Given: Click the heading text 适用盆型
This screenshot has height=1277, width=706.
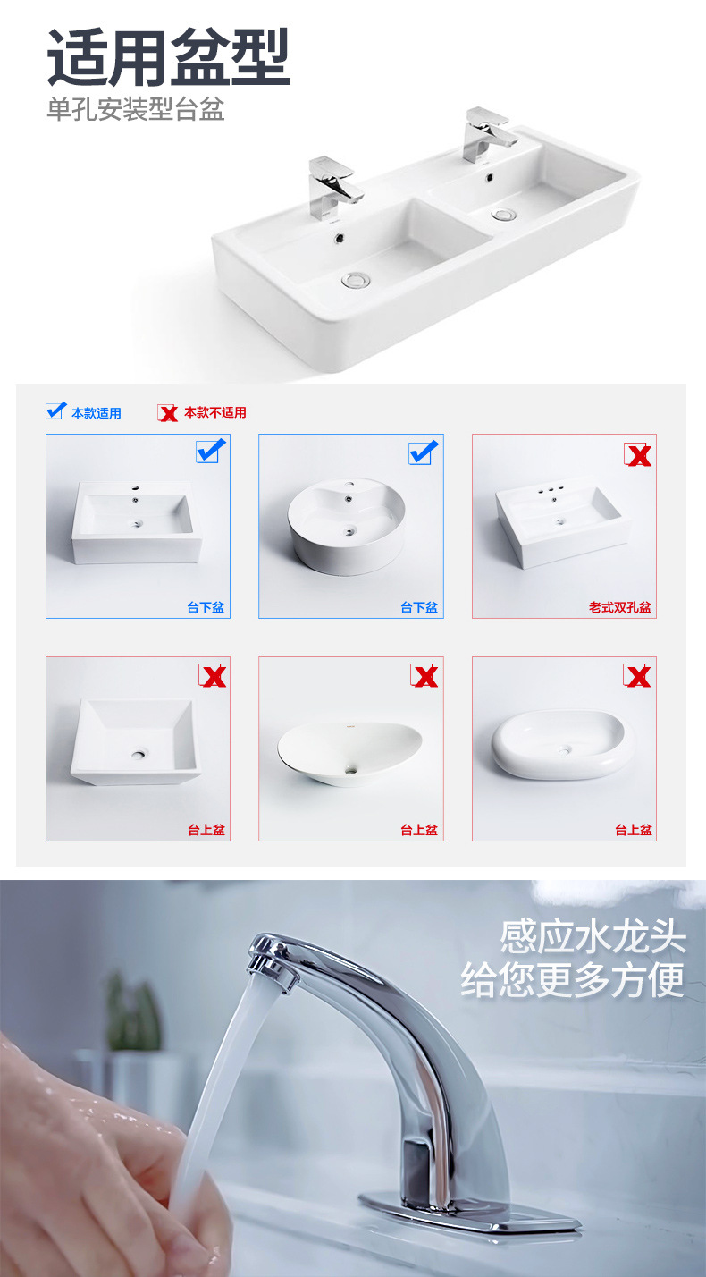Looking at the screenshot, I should [168, 58].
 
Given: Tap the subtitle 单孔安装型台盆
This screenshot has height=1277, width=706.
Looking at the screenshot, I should [135, 110].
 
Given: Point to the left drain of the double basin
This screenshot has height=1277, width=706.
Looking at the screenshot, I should [355, 280].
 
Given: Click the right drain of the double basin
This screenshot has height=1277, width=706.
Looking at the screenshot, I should [504, 215].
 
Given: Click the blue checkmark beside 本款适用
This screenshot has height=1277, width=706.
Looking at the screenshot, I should [55, 411].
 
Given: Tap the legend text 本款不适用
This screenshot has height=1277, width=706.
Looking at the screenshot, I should [214, 412].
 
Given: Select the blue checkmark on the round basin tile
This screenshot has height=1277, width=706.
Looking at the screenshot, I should [424, 452].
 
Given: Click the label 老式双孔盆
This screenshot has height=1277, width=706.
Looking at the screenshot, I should [619, 607].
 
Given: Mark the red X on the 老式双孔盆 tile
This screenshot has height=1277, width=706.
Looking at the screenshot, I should [637, 455].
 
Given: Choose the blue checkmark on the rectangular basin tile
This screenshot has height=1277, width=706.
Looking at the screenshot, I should [210, 452].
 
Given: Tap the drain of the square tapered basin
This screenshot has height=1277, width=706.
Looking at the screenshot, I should [138, 754].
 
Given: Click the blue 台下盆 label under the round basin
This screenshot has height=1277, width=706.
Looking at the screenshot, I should [418, 607].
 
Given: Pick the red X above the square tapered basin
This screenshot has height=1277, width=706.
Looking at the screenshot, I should [213, 676].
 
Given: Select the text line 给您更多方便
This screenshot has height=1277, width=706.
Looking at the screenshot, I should [572, 979].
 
